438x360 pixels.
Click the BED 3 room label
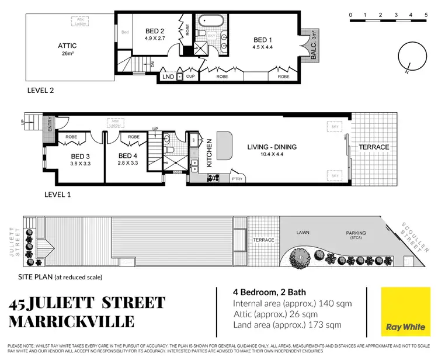click(81, 156)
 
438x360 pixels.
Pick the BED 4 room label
click(128, 156)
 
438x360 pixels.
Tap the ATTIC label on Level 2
click(67, 46)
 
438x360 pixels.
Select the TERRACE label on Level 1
click(373, 147)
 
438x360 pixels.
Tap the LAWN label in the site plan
click(303, 233)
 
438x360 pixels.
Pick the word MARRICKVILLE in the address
click(71, 321)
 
